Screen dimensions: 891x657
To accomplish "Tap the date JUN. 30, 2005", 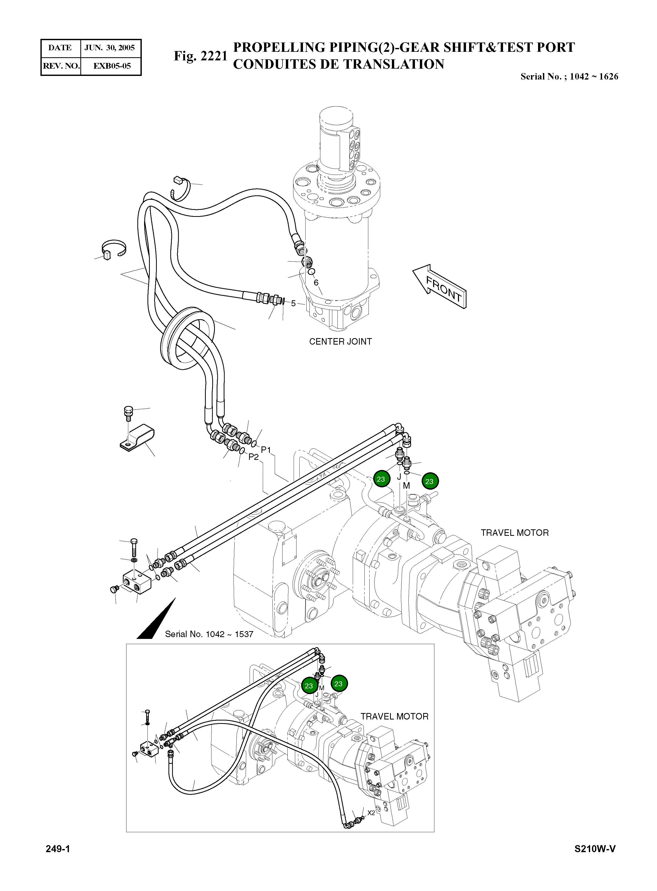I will click(x=110, y=48).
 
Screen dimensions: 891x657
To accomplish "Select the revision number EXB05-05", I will click(x=112, y=66).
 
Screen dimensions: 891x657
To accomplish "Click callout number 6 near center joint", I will click(x=316, y=282).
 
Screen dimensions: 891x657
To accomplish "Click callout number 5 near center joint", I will click(x=293, y=303).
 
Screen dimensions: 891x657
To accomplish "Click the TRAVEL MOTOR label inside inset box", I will click(x=394, y=716).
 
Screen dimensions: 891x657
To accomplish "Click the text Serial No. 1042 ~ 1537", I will click(x=209, y=634).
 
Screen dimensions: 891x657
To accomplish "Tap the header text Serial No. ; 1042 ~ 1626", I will click(x=569, y=76).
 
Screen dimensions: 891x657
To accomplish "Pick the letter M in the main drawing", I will click(x=406, y=486).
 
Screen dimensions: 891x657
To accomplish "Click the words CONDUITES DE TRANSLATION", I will click(x=338, y=65).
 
